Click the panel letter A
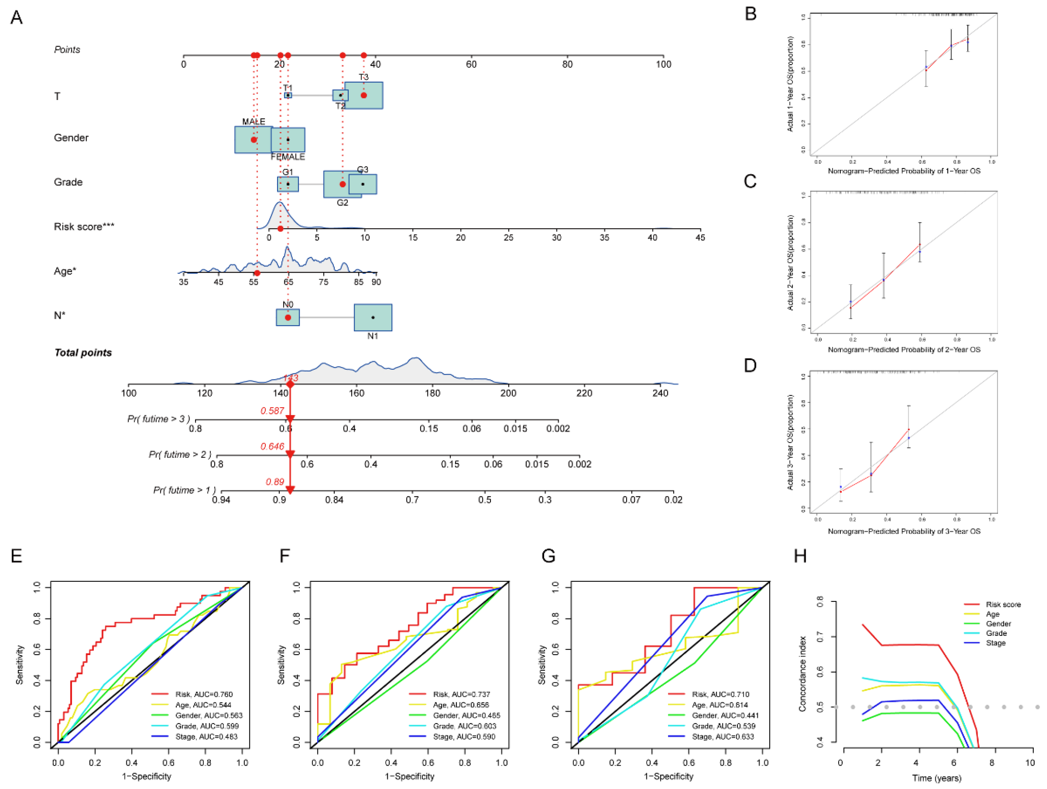(x=17, y=18)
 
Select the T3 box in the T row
(x=364, y=95)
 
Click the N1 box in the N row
(x=373, y=317)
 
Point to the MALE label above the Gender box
(x=254, y=122)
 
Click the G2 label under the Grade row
(x=342, y=202)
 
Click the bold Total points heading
(x=83, y=353)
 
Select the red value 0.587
(x=272, y=411)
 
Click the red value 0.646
(x=272, y=446)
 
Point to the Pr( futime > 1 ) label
(x=184, y=490)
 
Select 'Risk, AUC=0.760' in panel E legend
(x=203, y=694)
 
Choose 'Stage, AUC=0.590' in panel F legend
(x=464, y=736)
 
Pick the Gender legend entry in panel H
(x=998, y=624)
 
